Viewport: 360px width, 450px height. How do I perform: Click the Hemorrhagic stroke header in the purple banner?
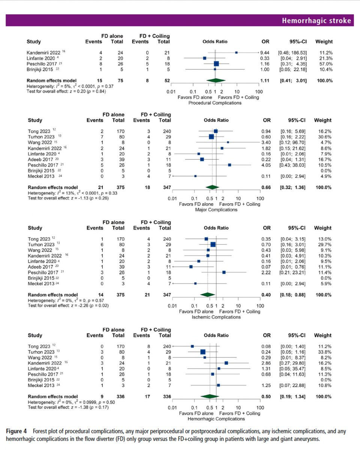pyautogui.click(x=316, y=21)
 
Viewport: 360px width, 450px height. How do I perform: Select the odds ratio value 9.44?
pyautogui.click(x=265, y=52)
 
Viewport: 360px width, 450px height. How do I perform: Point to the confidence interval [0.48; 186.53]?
pyautogui.click(x=291, y=52)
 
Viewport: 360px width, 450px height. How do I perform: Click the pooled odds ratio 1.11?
pyautogui.click(x=265, y=81)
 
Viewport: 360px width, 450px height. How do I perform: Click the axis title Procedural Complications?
pyautogui.click(x=215, y=103)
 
